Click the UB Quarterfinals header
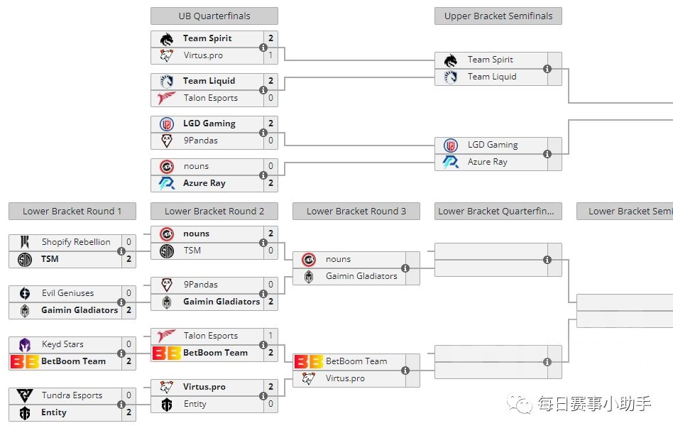tap(214, 16)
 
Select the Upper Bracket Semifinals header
tap(498, 16)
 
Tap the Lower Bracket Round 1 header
tap(72, 211)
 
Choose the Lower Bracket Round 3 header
tap(356, 211)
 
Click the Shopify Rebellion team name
tap(76, 242)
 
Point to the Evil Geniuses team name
tap(67, 293)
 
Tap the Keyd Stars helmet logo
tap(25, 345)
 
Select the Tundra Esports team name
tap(72, 395)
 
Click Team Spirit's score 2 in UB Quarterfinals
tap(270, 38)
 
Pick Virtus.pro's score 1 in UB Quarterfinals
tap(270, 55)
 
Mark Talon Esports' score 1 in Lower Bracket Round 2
tap(270, 336)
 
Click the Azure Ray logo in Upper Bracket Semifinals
tap(451, 162)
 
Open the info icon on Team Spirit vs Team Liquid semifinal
tap(547, 69)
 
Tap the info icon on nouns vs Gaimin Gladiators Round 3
tap(405, 268)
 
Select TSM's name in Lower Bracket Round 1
tap(50, 259)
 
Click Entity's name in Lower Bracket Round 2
tap(195, 404)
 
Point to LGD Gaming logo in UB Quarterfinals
tap(167, 124)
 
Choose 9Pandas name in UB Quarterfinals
tap(200, 141)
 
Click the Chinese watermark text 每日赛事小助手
tap(593, 404)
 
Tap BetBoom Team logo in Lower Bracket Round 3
tap(309, 362)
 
